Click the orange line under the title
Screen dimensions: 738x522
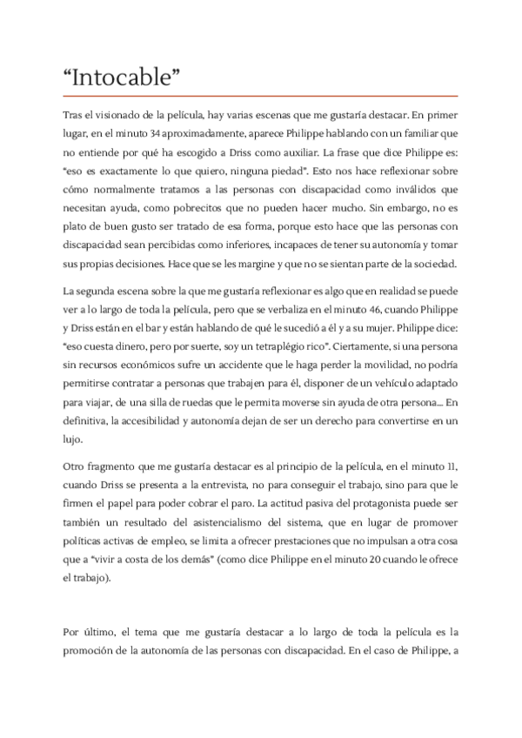tap(261, 94)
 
